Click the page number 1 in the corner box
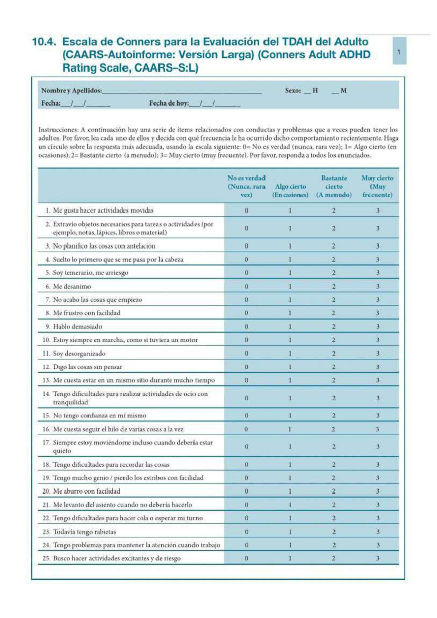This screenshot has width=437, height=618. click(x=399, y=52)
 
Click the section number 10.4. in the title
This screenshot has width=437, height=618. click(x=44, y=42)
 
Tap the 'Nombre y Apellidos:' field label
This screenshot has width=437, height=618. click(x=71, y=91)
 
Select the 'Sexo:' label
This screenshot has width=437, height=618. click(x=293, y=91)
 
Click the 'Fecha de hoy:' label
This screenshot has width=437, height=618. click(x=169, y=103)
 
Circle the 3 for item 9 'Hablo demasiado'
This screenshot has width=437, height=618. click(x=378, y=326)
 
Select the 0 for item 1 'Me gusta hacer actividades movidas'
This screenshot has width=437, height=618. click(x=247, y=210)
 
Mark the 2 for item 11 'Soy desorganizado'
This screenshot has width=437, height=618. click(x=334, y=353)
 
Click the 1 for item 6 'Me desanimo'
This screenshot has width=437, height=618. click(x=290, y=286)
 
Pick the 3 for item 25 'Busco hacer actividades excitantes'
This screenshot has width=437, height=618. click(x=378, y=558)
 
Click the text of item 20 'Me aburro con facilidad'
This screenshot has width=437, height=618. click(x=86, y=491)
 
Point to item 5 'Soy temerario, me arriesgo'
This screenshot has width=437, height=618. click(x=90, y=273)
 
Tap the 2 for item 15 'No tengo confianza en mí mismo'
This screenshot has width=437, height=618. click(x=334, y=415)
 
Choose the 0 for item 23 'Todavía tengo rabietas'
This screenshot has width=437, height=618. click(x=247, y=532)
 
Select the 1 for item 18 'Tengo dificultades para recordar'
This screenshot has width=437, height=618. click(x=290, y=464)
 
